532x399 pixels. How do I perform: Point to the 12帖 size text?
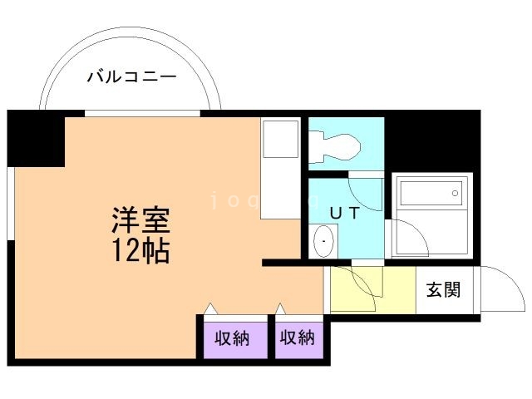coord(141,249)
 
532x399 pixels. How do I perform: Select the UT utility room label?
coord(344,212)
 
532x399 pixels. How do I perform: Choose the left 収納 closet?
coord(233,338)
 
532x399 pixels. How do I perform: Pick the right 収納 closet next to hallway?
coord(298,338)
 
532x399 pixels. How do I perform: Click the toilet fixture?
coord(336,147)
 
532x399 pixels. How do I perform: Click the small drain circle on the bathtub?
coord(455,193)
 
